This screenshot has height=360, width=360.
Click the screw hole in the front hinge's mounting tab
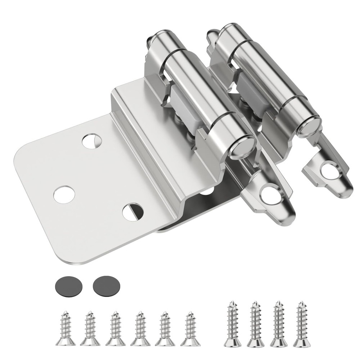click(269, 194)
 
